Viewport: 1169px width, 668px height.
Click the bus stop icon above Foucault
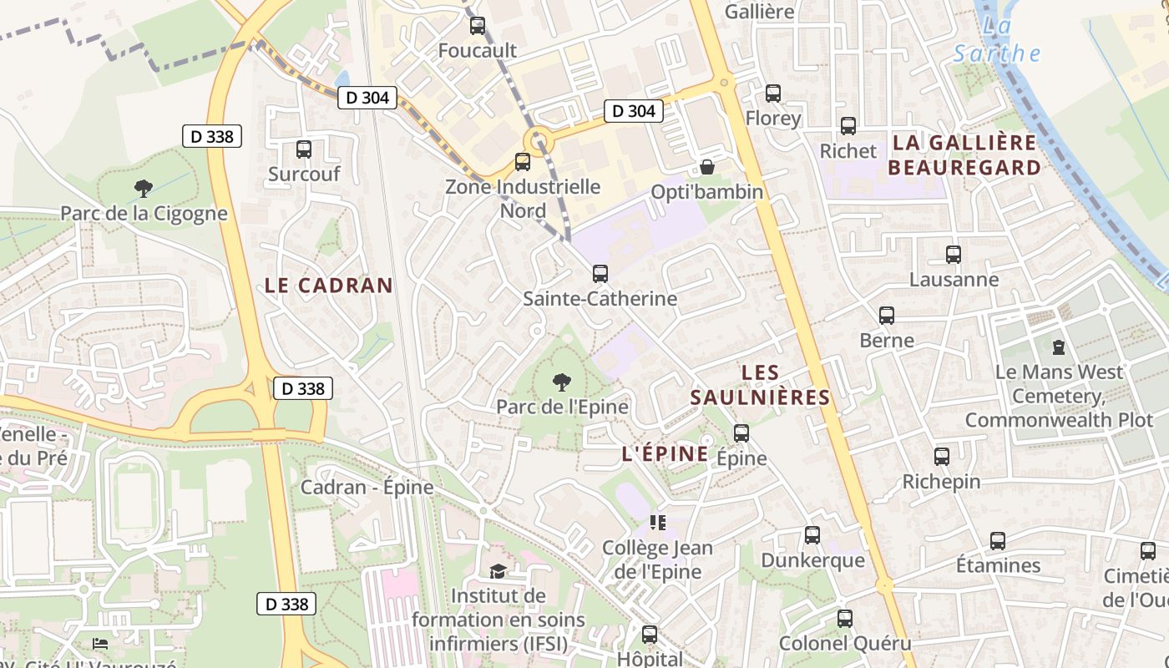(x=477, y=25)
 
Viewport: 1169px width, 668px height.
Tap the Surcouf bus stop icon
(x=304, y=149)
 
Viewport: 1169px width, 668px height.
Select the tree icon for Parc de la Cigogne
(x=144, y=189)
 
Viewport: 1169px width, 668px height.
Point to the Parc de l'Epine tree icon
(x=562, y=382)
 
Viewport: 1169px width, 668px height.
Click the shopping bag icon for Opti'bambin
(x=707, y=167)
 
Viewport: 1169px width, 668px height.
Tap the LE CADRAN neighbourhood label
(x=328, y=285)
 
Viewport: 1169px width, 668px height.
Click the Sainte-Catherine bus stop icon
(x=600, y=273)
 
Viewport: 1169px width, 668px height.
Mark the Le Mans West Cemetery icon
(x=1059, y=346)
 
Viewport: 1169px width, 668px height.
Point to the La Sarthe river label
(x=997, y=40)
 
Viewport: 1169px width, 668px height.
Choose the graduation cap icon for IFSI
(x=498, y=571)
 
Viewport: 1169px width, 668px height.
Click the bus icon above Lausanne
(x=953, y=255)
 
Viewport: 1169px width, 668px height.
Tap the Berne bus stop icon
(x=887, y=316)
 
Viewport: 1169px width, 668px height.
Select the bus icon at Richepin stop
(x=942, y=457)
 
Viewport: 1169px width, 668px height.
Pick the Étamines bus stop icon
(x=998, y=540)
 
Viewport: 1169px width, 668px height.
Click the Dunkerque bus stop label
(x=812, y=559)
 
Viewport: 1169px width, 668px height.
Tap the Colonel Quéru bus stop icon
(x=845, y=619)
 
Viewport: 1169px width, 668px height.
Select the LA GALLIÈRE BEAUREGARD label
(x=964, y=154)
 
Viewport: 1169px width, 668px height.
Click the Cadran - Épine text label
(x=367, y=487)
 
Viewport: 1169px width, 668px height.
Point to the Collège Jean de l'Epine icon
(x=658, y=523)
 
